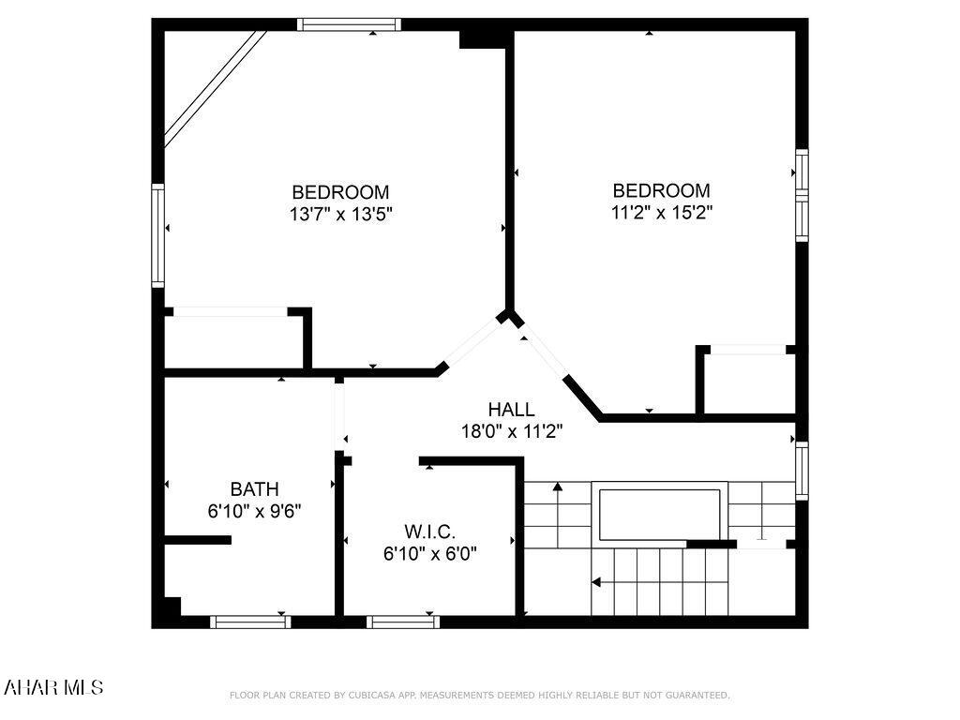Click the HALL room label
[511, 410]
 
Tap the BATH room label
[254, 488]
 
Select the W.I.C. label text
[430, 532]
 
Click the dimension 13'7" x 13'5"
[340, 214]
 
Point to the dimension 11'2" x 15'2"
[662, 212]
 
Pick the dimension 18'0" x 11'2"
[511, 431]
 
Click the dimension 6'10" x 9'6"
[254, 511]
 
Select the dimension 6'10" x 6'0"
[430, 553]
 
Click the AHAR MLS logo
[53, 687]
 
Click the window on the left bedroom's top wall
[349, 24]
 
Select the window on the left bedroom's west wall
[157, 235]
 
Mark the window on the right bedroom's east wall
[802, 195]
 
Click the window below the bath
[249, 622]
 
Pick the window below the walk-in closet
[402, 622]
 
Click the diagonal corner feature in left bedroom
[214, 88]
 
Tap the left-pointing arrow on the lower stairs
[597, 582]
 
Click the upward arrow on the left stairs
[558, 487]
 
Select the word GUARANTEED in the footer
[697, 696]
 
